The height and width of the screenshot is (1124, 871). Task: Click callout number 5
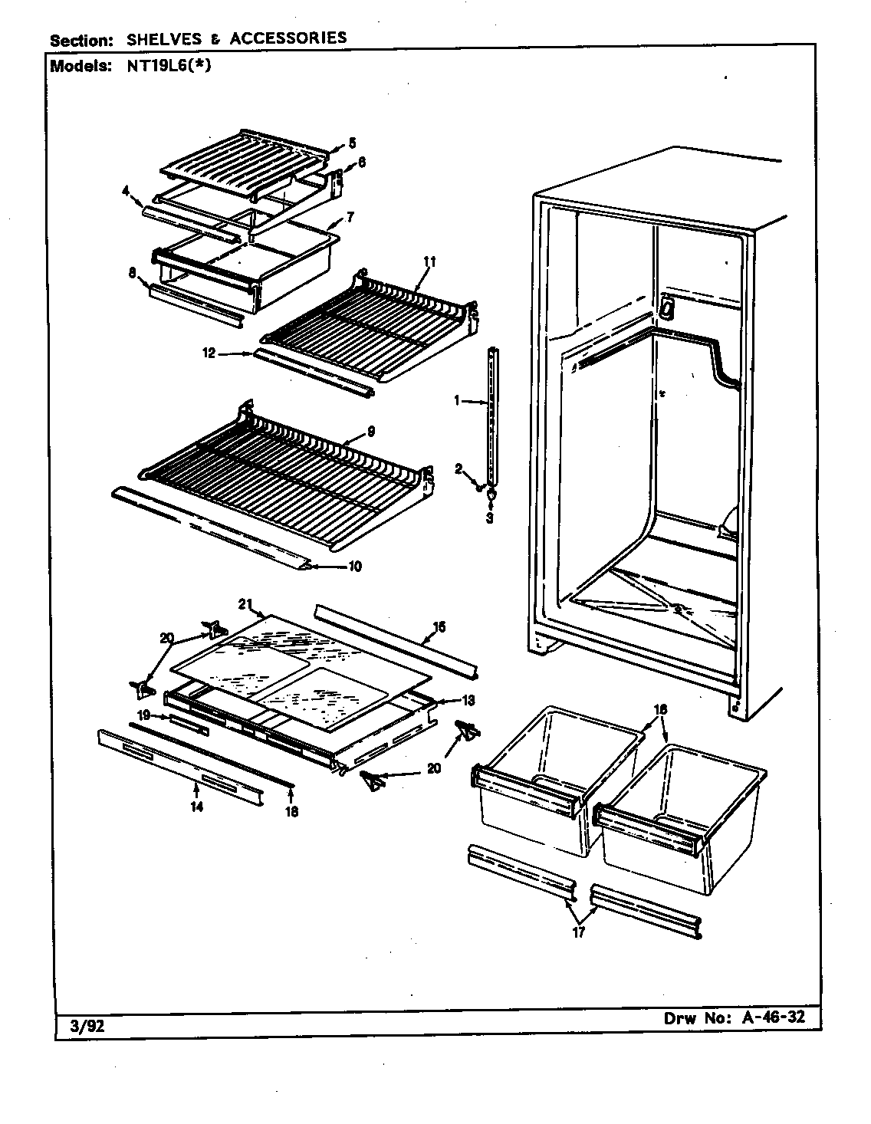tap(352, 142)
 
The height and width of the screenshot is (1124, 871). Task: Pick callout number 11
tap(429, 262)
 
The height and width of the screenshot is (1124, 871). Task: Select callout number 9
tap(370, 432)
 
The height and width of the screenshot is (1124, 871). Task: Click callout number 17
tap(579, 933)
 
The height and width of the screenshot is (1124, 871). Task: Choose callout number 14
tap(197, 807)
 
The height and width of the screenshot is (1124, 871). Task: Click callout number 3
tap(490, 517)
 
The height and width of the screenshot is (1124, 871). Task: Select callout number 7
tap(350, 217)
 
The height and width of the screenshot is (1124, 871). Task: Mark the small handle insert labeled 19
tap(189, 725)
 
